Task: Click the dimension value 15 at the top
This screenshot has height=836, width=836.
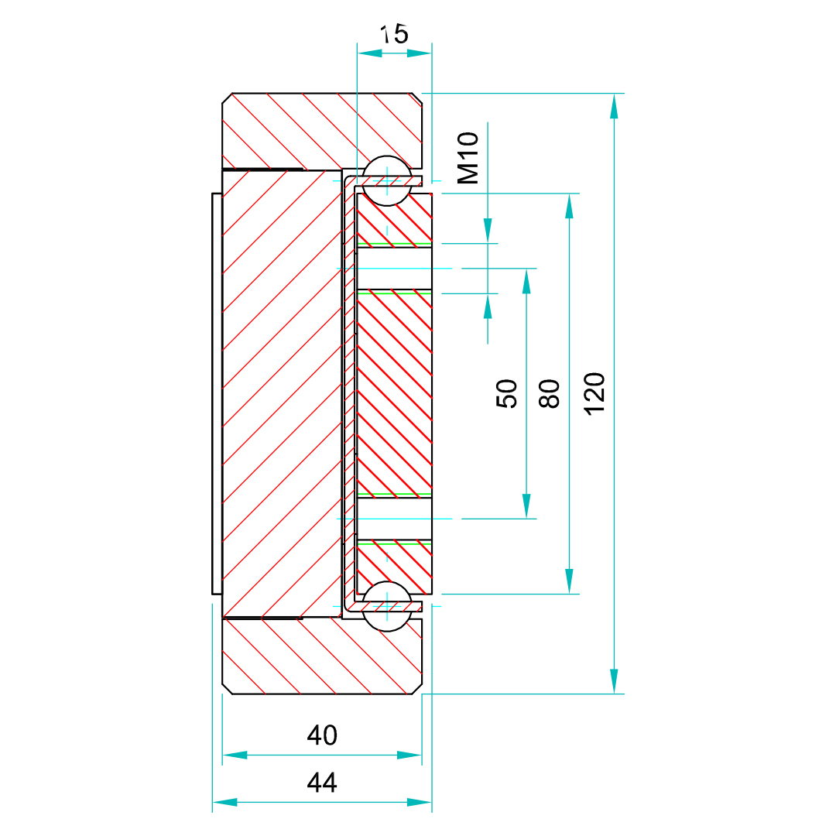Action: [394, 34]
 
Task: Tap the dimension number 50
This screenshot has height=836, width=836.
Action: [506, 393]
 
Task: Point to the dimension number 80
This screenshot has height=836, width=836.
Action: [549, 393]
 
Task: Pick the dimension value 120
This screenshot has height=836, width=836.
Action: [594, 393]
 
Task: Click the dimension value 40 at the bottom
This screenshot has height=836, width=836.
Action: [322, 735]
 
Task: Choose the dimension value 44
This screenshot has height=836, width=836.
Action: [322, 783]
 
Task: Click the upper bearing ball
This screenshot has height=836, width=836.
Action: [387, 181]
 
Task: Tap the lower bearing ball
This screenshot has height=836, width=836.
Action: [387, 606]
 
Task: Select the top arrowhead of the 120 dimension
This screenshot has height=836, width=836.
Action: [614, 105]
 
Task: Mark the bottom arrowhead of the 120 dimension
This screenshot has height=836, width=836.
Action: [614, 681]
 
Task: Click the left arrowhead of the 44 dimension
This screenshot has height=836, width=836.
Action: [224, 803]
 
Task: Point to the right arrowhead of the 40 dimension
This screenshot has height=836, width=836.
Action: [409, 755]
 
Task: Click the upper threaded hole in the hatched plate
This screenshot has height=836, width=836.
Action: [394, 269]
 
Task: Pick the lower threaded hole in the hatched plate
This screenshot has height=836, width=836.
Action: [394, 518]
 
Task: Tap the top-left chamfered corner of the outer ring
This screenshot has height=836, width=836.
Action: [227, 98]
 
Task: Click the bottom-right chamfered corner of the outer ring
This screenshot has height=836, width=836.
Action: [417, 689]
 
